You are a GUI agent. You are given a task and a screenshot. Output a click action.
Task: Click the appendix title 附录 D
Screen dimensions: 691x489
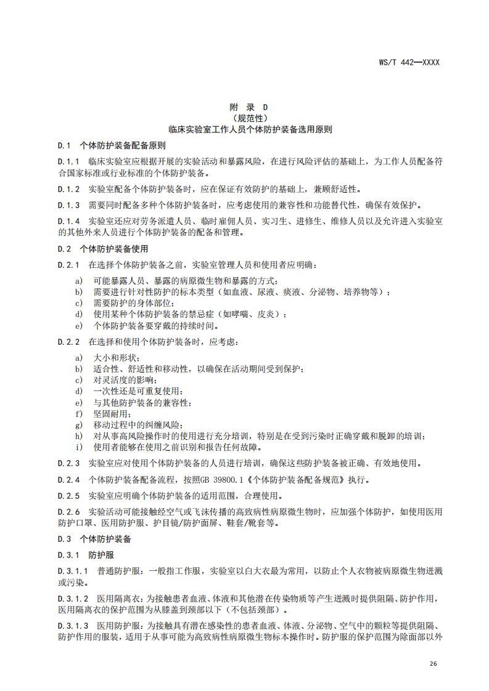pyautogui.click(x=250, y=107)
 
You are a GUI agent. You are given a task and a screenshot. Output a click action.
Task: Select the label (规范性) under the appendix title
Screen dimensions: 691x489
pyautogui.click(x=250, y=118)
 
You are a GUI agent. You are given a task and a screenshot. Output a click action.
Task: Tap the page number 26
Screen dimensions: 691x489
pyautogui.click(x=433, y=664)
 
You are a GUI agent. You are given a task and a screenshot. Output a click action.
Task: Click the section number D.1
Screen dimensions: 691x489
pyautogui.click(x=65, y=146)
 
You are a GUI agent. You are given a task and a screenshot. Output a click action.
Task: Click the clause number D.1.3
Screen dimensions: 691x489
pyautogui.click(x=69, y=205)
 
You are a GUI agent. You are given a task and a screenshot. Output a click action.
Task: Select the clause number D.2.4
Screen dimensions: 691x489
pyautogui.click(x=69, y=479)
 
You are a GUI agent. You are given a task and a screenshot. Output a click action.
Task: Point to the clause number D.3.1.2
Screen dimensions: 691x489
pyautogui.click(x=73, y=598)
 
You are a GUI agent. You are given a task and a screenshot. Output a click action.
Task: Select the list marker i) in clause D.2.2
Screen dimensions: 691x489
pyautogui.click(x=78, y=447)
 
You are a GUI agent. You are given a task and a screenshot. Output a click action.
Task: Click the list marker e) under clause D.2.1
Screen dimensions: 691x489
pyautogui.click(x=78, y=325)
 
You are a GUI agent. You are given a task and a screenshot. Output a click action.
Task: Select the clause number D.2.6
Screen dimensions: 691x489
pyautogui.click(x=69, y=511)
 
